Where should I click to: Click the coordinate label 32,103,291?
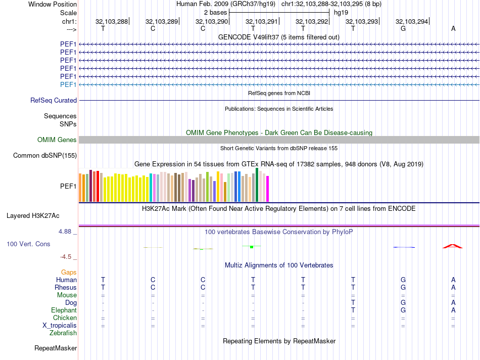[261, 21]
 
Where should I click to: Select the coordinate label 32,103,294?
[411, 21]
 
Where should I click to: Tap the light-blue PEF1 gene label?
[68, 84]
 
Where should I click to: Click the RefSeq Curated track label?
[54, 101]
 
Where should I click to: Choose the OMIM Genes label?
[57, 140]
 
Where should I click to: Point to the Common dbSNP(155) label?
[45, 156]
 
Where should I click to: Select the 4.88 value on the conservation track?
[66, 232]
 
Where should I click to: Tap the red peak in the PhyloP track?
[453, 246]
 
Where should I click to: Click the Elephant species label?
[64, 310]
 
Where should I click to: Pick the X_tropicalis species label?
[60, 326]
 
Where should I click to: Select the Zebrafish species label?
[63, 333]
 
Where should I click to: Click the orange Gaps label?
[69, 273]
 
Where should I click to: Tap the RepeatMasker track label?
[56, 348]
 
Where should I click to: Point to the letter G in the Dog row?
[403, 303]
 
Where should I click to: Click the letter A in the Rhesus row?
[453, 288]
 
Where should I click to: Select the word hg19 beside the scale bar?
[341, 12]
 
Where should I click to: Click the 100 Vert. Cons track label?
[28, 244]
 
